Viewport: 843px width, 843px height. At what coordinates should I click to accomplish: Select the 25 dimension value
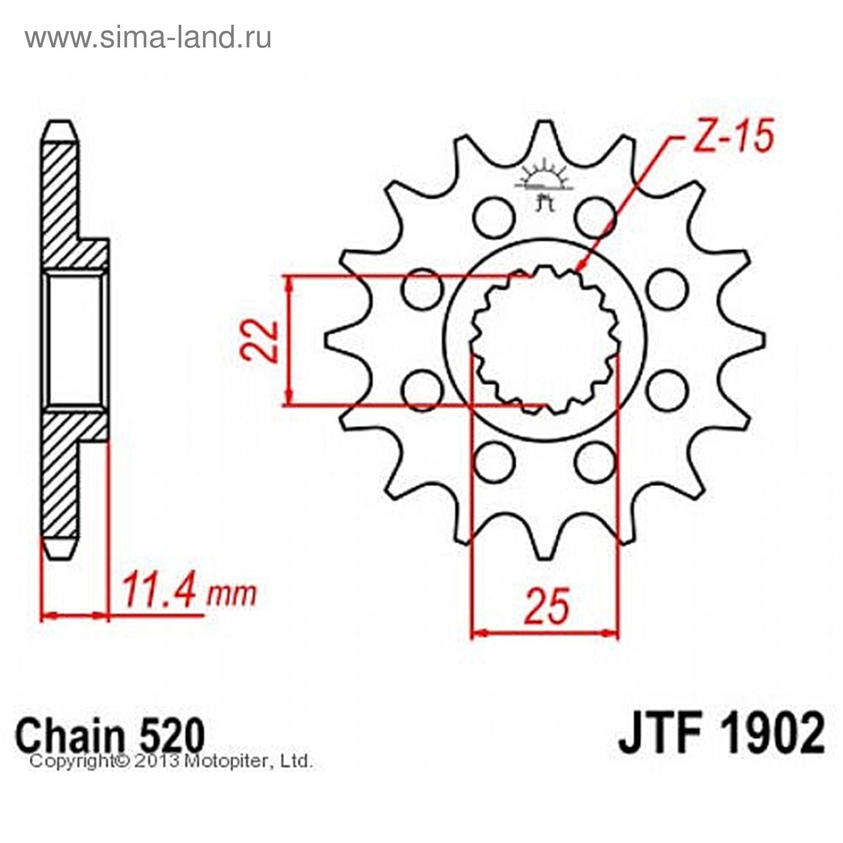[548, 605]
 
